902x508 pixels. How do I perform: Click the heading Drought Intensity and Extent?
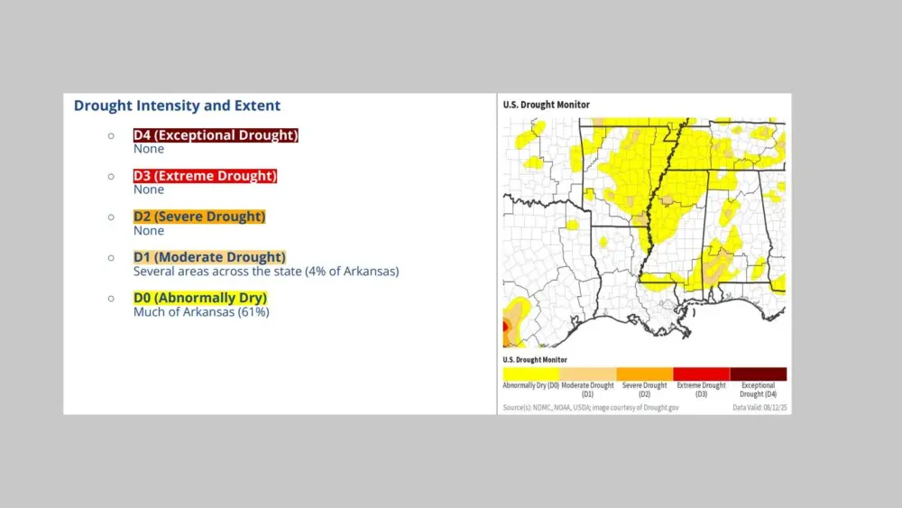coord(177,106)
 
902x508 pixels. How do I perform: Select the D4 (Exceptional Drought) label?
coord(216,135)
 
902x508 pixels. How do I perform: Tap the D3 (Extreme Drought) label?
coord(205,176)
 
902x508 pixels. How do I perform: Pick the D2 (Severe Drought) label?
coord(199,217)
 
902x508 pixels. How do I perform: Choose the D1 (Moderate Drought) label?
coord(209,257)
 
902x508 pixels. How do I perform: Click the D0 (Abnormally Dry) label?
coord(200,298)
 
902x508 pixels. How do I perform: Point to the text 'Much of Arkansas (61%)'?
coord(201,312)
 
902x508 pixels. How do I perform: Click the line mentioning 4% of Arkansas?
coord(266,271)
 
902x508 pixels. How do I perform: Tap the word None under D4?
coord(149,149)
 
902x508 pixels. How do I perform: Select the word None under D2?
coord(149,231)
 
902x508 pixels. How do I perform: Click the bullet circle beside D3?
coord(111,176)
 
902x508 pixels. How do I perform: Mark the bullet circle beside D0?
coord(111,298)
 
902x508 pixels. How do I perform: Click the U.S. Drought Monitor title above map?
coord(546,105)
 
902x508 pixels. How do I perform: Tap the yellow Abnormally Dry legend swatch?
coord(530,374)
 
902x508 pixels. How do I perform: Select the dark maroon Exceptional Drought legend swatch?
coord(758,374)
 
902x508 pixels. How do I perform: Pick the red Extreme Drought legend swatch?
coord(701,374)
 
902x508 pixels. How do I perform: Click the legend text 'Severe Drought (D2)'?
coord(644,390)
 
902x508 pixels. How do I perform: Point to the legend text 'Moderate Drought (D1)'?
coord(587,390)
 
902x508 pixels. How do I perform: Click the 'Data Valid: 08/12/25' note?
coord(759,408)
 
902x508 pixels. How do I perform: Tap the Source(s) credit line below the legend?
coord(591,408)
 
